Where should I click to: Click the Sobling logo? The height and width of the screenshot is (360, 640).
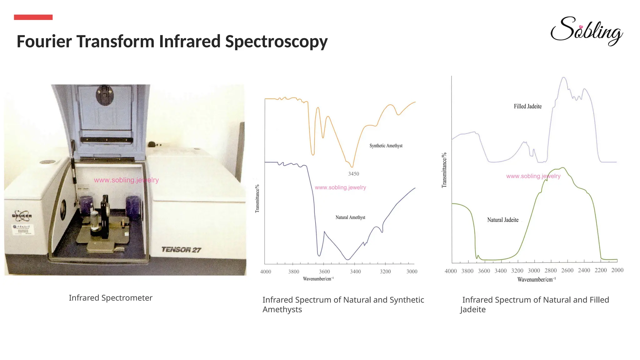(586, 31)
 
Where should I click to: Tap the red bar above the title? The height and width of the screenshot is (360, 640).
(33, 17)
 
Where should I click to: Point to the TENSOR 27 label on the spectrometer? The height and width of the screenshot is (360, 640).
(181, 250)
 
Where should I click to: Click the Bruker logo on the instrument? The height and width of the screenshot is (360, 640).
(22, 215)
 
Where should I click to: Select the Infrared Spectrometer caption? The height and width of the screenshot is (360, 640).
(111, 298)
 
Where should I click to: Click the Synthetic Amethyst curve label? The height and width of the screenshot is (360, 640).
(386, 146)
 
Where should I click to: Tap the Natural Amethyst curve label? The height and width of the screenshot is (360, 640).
(350, 217)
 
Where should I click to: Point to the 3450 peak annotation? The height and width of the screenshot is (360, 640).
(354, 174)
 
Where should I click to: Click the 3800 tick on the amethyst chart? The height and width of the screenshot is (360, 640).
(294, 272)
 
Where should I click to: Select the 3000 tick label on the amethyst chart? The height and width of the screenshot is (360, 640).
(412, 272)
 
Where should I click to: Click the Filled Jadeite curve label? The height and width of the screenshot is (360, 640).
(528, 107)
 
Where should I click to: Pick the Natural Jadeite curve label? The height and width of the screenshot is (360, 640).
(503, 220)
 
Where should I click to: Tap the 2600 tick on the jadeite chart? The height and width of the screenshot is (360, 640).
(567, 271)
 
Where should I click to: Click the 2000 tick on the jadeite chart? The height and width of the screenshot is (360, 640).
(617, 270)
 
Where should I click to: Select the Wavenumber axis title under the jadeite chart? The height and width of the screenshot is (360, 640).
(537, 280)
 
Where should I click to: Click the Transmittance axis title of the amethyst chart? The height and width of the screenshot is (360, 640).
(257, 198)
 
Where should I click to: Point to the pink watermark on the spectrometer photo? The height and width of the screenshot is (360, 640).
(126, 180)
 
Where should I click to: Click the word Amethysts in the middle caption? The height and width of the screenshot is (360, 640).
(282, 309)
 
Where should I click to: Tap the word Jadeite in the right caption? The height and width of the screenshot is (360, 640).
(473, 309)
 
